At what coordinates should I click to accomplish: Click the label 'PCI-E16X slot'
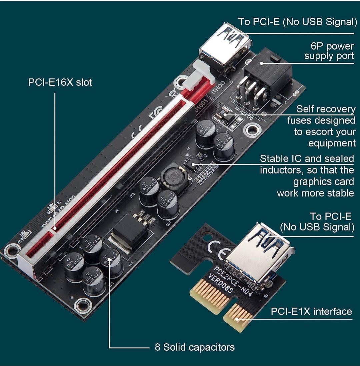coord(60,82)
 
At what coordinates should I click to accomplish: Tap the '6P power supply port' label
coord(329,51)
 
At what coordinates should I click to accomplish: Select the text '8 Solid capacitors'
coord(195,347)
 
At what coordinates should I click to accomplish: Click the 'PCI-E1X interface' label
coord(311,311)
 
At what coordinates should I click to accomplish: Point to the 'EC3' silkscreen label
coord(132,194)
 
